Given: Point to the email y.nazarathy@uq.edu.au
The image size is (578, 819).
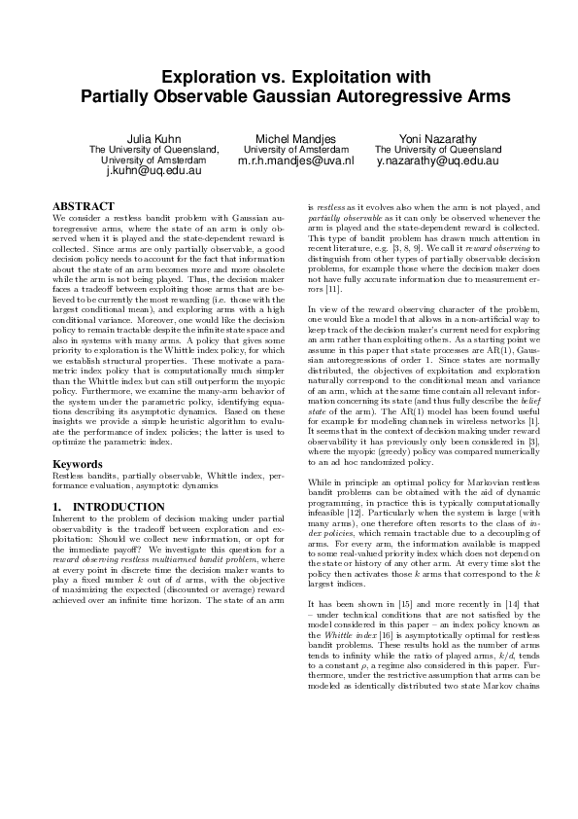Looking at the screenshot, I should click(x=438, y=160).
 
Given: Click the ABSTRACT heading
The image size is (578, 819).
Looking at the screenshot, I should click(x=83, y=206).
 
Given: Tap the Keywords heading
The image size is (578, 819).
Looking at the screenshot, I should click(x=79, y=465).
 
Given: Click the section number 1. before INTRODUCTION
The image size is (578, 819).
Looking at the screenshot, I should click(x=57, y=507).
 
